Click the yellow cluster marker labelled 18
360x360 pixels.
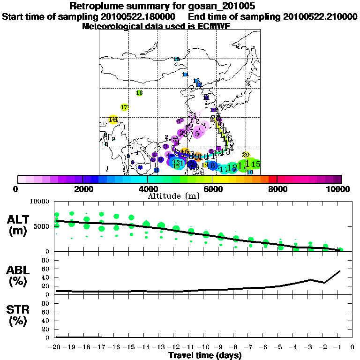pos(113,120)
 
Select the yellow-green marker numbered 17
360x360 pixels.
pos(124,107)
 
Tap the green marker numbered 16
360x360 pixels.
pos(139,93)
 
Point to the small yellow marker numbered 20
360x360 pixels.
pos(246,155)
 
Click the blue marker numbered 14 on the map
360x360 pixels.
pos(185,75)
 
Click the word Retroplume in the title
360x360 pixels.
pos(94,6)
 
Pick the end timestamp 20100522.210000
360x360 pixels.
pos(320,17)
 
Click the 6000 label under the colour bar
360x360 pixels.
pos(212,189)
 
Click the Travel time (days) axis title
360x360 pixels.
pos(205,355)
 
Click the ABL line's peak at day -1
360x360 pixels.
pos(340,271)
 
